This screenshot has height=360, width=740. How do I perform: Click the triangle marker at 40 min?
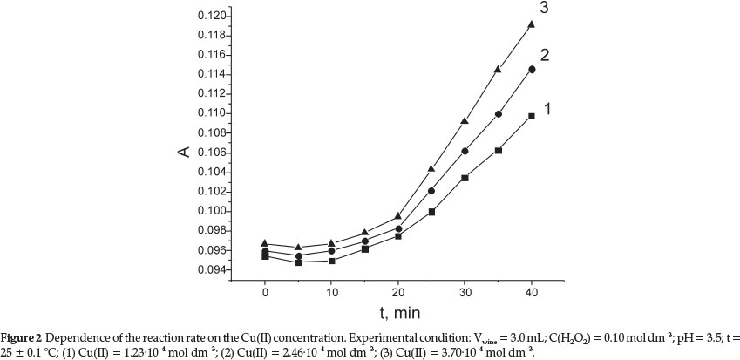click(x=531, y=24)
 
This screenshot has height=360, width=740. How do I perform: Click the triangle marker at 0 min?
click(x=265, y=243)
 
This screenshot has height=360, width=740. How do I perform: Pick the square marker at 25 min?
click(x=431, y=212)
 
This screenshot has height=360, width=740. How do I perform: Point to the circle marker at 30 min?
click(x=465, y=151)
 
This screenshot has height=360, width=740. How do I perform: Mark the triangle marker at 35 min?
click(x=498, y=69)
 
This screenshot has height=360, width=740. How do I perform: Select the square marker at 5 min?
click(x=298, y=262)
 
